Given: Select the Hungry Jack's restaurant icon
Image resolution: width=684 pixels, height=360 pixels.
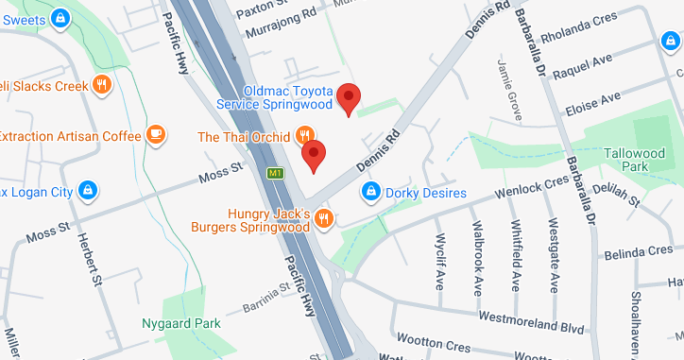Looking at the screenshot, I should (324, 219).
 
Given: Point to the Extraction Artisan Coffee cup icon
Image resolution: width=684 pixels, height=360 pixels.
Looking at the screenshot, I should (156, 136).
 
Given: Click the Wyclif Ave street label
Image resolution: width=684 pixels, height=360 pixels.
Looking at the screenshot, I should (439, 260).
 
